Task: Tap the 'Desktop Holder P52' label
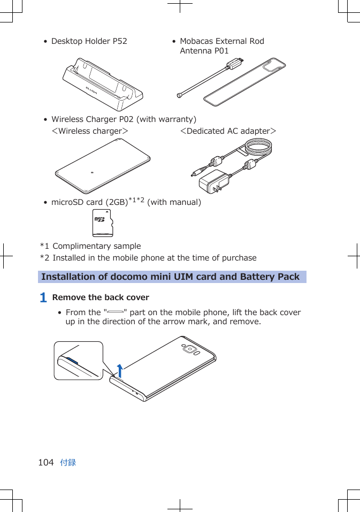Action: click(89, 41)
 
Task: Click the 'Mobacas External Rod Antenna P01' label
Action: click(221, 46)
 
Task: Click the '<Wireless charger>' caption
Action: click(89, 131)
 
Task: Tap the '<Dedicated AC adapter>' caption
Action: click(228, 131)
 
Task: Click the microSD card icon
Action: click(103, 223)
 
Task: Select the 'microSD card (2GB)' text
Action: click(89, 202)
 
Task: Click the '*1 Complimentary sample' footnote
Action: click(90, 246)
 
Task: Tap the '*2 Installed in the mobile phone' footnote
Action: click(148, 258)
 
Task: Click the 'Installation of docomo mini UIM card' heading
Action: click(170, 277)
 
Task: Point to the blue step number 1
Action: click(43, 297)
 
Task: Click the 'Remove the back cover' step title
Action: click(101, 297)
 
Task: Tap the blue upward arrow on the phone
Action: click(120, 370)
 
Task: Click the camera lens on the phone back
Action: click(190, 349)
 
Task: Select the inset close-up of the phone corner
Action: click(78, 361)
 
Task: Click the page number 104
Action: click(46, 462)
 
